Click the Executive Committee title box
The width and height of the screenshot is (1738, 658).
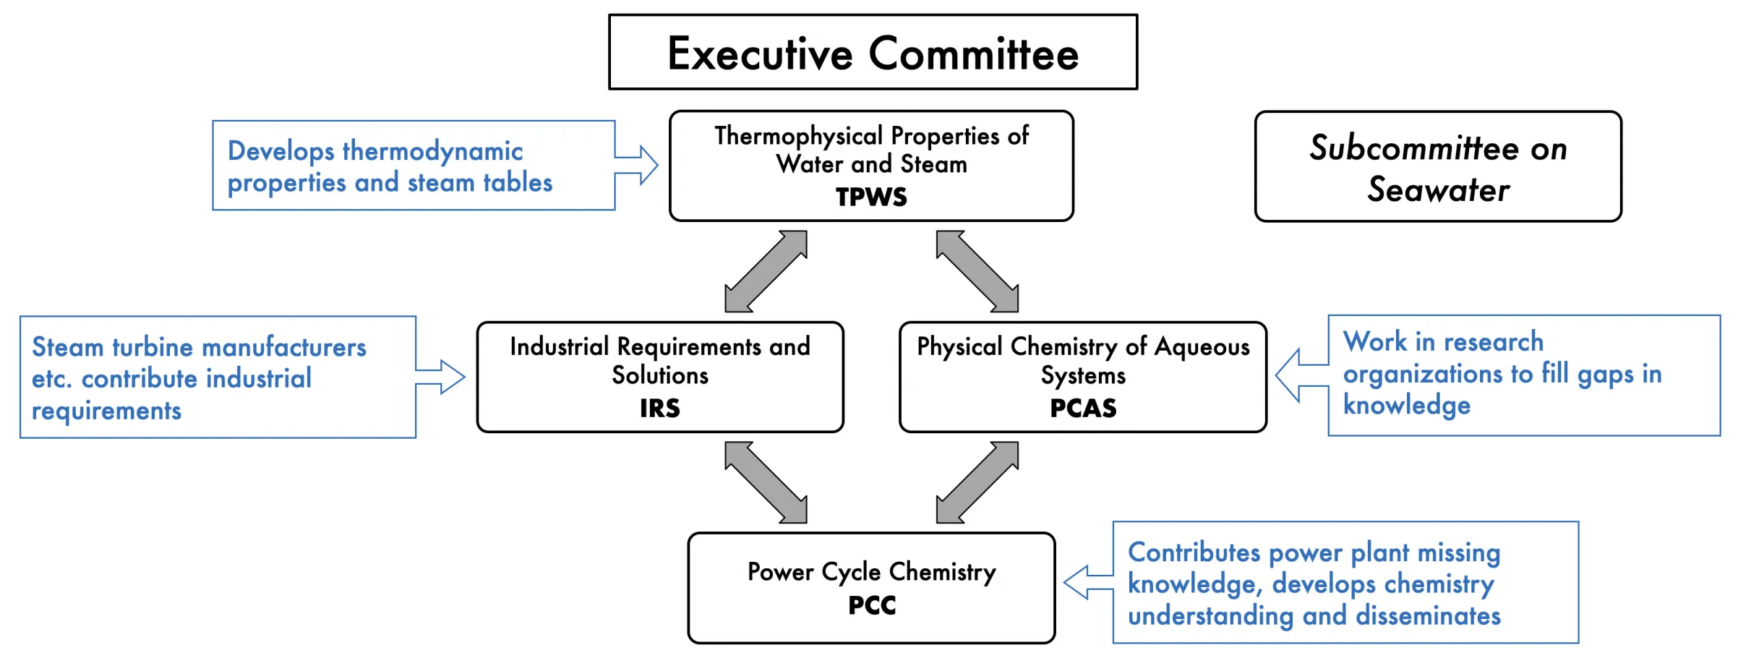point(873,53)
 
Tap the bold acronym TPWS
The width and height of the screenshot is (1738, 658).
point(871,197)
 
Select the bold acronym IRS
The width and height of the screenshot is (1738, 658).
point(659,409)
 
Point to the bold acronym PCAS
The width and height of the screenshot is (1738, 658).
point(1083,409)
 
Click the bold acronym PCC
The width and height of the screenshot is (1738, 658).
point(872,605)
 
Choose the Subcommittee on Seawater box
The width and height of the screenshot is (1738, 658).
point(1438,167)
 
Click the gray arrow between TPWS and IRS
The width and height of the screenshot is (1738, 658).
point(766,271)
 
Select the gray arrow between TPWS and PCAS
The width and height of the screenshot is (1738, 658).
point(977,271)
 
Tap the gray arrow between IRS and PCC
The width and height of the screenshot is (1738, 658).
point(766,482)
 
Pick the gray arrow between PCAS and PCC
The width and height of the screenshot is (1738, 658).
point(977,482)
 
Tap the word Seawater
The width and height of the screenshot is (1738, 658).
point(1438,190)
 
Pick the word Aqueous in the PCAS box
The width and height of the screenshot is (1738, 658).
point(1202,347)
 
